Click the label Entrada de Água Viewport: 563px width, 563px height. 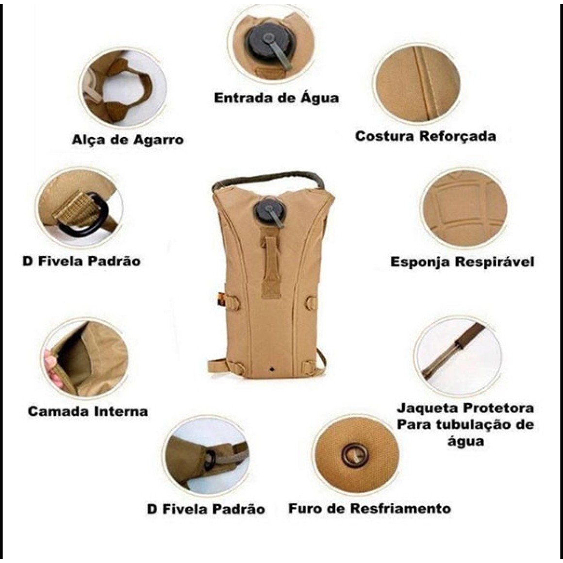click(x=276, y=98)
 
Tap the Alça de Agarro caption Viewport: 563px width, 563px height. click(x=128, y=139)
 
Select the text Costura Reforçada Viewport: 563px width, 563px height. click(x=426, y=136)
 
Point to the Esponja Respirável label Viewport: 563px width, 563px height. click(x=462, y=262)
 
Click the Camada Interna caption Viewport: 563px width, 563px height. click(x=88, y=411)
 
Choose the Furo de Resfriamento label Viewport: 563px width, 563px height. click(x=370, y=509)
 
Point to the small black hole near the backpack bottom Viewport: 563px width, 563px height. click(x=270, y=368)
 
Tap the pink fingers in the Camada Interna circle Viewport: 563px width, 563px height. click(x=52, y=367)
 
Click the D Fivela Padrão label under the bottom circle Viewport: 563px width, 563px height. click(x=206, y=509)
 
